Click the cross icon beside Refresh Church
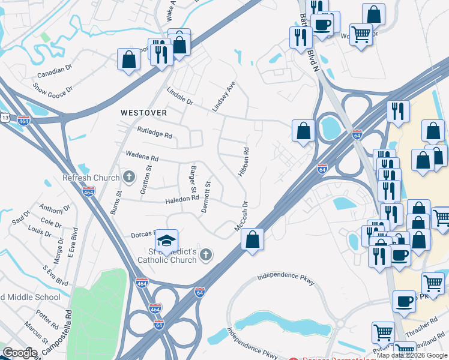(128, 177)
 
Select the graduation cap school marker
(166, 242)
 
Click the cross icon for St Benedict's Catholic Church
(205, 255)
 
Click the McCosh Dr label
(241, 223)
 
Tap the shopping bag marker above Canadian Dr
(128, 59)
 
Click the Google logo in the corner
(20, 353)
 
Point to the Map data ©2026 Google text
(412, 355)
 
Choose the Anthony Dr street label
(55, 209)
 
